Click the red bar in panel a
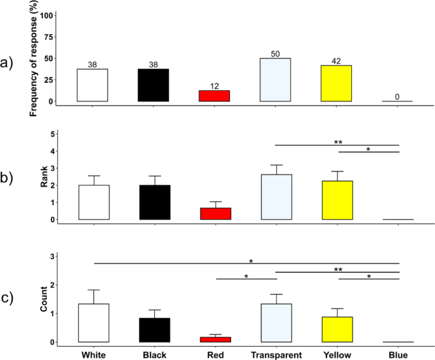[215, 96]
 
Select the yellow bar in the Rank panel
[337, 200]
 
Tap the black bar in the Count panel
[154, 330]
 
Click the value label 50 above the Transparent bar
[276, 54]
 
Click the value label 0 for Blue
[398, 97]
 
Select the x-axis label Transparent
[276, 352]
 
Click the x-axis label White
[94, 352]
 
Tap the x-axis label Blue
[398, 352]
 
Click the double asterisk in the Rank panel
[337, 142]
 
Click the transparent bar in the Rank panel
[276, 197]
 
